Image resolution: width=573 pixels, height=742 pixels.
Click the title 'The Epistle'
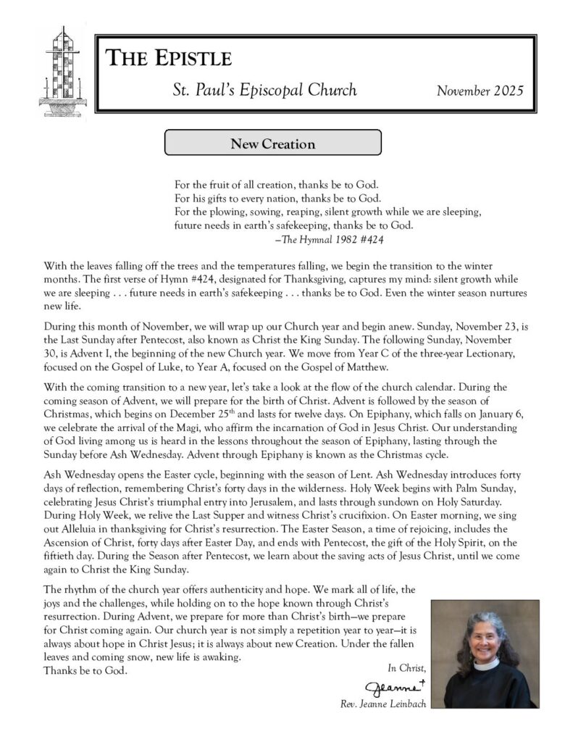169,59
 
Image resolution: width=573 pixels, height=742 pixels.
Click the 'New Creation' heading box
272,143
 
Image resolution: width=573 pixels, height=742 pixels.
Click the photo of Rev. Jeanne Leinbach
484,654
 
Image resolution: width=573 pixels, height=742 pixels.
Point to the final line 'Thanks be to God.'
85,670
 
